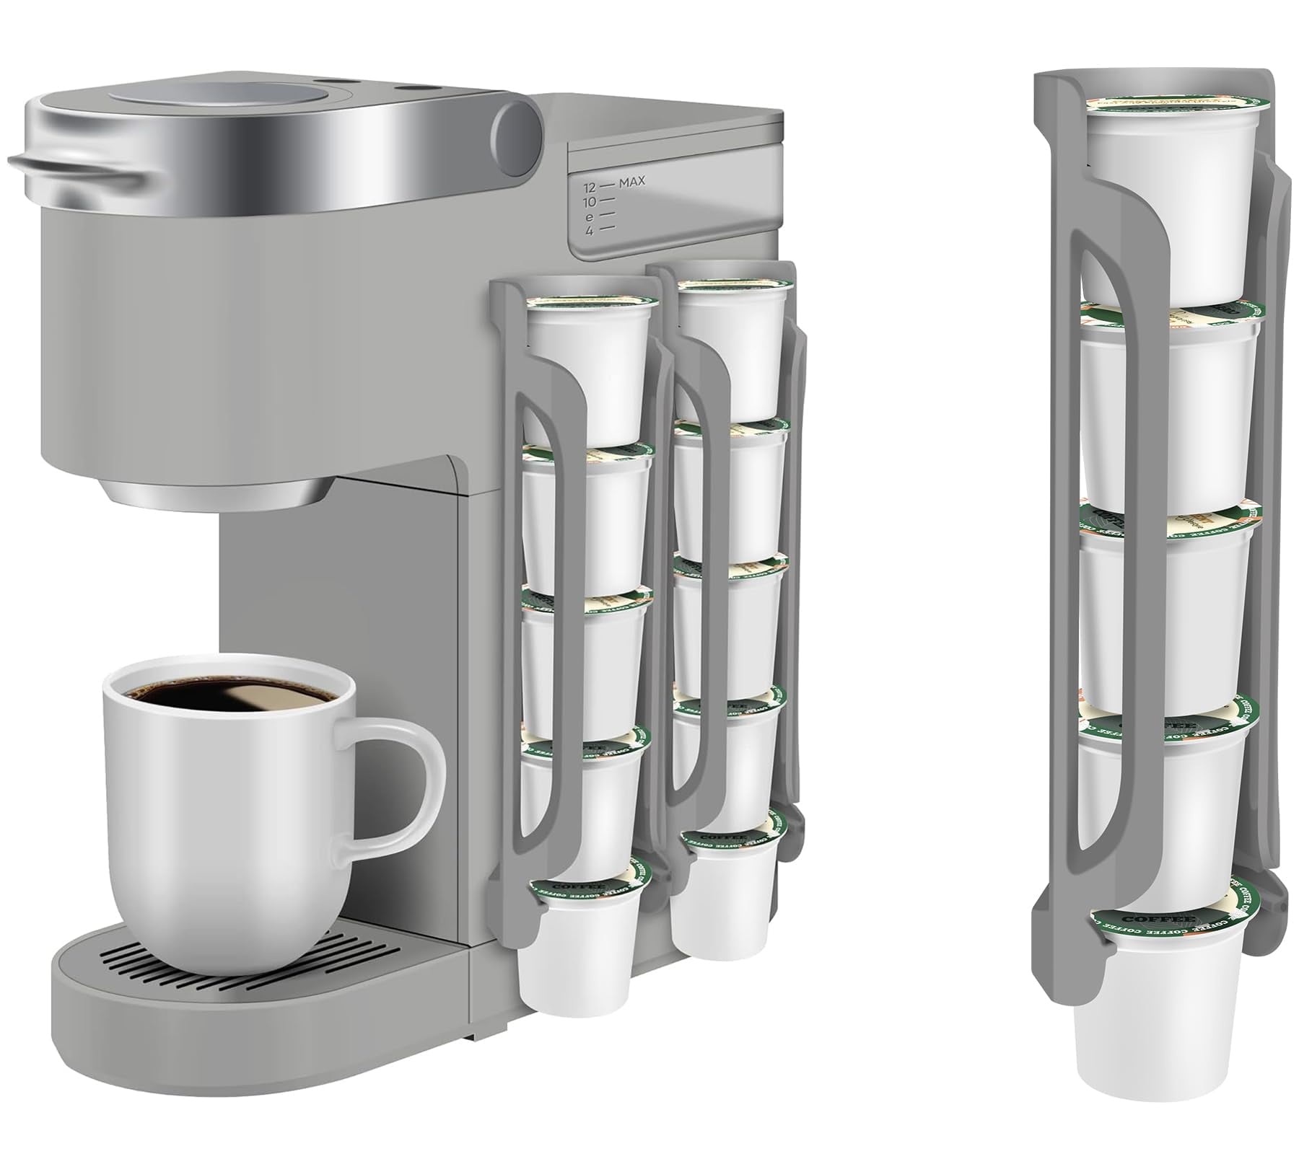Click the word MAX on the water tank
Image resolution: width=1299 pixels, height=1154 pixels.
point(631,181)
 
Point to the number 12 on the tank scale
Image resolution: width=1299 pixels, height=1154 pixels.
point(590,186)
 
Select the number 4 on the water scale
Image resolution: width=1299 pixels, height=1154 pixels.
point(590,231)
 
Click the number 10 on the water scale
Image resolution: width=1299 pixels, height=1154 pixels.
point(590,201)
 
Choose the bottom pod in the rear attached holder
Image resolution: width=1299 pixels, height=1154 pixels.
point(725,902)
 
